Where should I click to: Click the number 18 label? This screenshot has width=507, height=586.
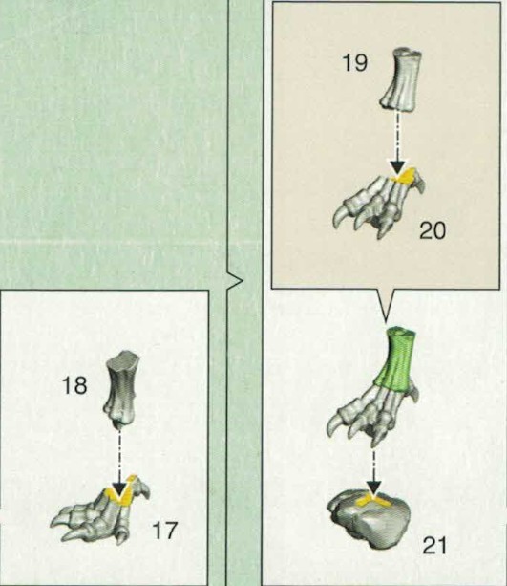74,385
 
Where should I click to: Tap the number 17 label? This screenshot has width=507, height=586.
164,531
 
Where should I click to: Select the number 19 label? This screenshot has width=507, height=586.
354,62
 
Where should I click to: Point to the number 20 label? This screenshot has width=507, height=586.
433,230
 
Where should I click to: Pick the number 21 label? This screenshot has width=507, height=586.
434,546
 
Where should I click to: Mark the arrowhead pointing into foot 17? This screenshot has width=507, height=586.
119,489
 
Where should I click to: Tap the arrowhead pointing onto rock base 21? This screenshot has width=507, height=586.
374,488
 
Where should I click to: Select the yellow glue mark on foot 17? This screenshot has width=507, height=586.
121,491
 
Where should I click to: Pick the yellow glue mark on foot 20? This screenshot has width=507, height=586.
403,176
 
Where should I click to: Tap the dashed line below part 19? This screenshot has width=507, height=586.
398,136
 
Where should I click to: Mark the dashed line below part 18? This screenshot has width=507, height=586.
119,455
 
